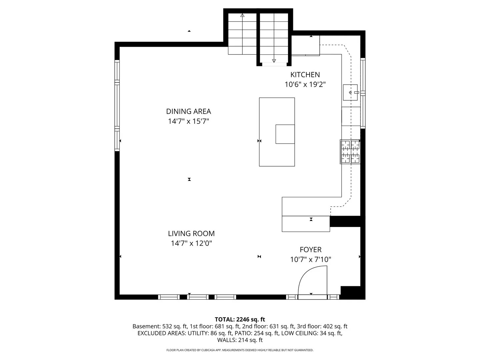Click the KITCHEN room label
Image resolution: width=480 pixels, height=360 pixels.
pos(305,75)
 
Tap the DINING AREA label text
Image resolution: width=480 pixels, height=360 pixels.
pos(188,111)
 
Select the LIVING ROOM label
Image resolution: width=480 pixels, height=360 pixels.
pos(191,234)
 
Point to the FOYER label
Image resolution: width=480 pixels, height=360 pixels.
pos(310,250)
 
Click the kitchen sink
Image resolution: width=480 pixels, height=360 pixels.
pos(350,92)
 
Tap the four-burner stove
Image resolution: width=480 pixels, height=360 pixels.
pos(350,152)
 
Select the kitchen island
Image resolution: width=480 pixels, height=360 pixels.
pos(277,132)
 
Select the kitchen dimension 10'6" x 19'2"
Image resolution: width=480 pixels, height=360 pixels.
pos(305,84)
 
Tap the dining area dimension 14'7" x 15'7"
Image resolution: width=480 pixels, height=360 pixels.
pos(188,121)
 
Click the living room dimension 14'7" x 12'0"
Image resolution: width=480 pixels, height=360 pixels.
pos(191,243)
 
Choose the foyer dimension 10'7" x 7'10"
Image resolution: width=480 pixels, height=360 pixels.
pos(311,259)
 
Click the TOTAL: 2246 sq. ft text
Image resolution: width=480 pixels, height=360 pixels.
pos(240,319)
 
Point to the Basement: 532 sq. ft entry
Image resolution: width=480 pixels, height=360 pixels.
pos(160,326)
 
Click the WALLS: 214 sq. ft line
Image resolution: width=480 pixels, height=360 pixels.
pos(240,340)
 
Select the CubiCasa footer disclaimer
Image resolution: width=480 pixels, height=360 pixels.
pos(240,350)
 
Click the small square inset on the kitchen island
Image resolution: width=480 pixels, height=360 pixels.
pos(285,134)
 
